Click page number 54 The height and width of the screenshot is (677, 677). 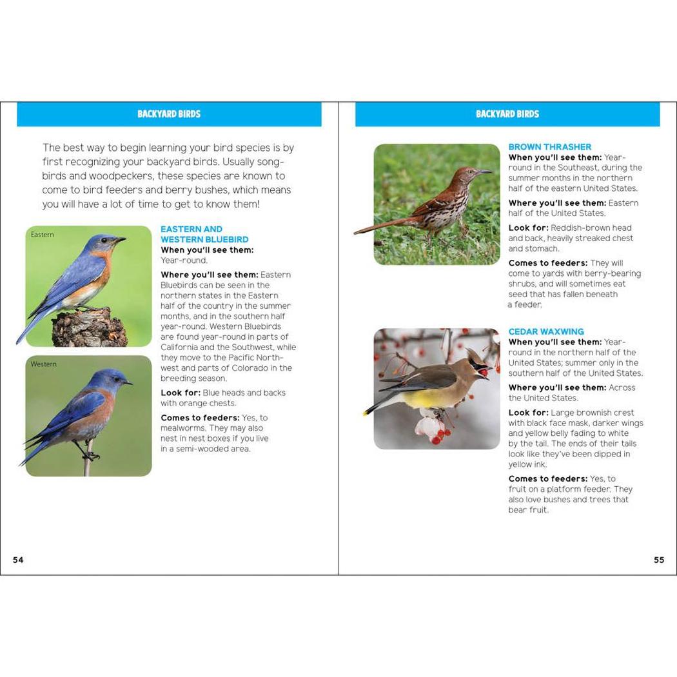click(x=18, y=560)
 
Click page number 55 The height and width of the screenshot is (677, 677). click(x=658, y=560)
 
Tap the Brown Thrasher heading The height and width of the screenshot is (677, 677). click(x=549, y=147)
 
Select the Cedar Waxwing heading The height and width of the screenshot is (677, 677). click(x=545, y=332)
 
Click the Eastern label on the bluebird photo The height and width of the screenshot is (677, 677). click(x=43, y=235)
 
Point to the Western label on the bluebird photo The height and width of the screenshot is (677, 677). click(x=44, y=364)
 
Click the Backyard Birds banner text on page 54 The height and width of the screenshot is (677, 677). click(x=169, y=114)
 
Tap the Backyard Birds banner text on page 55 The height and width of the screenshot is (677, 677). click(x=507, y=114)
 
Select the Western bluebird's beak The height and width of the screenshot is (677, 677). click(x=128, y=383)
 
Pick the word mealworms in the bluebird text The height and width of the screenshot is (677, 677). click(x=185, y=428)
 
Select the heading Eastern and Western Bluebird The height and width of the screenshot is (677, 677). click(x=204, y=234)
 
